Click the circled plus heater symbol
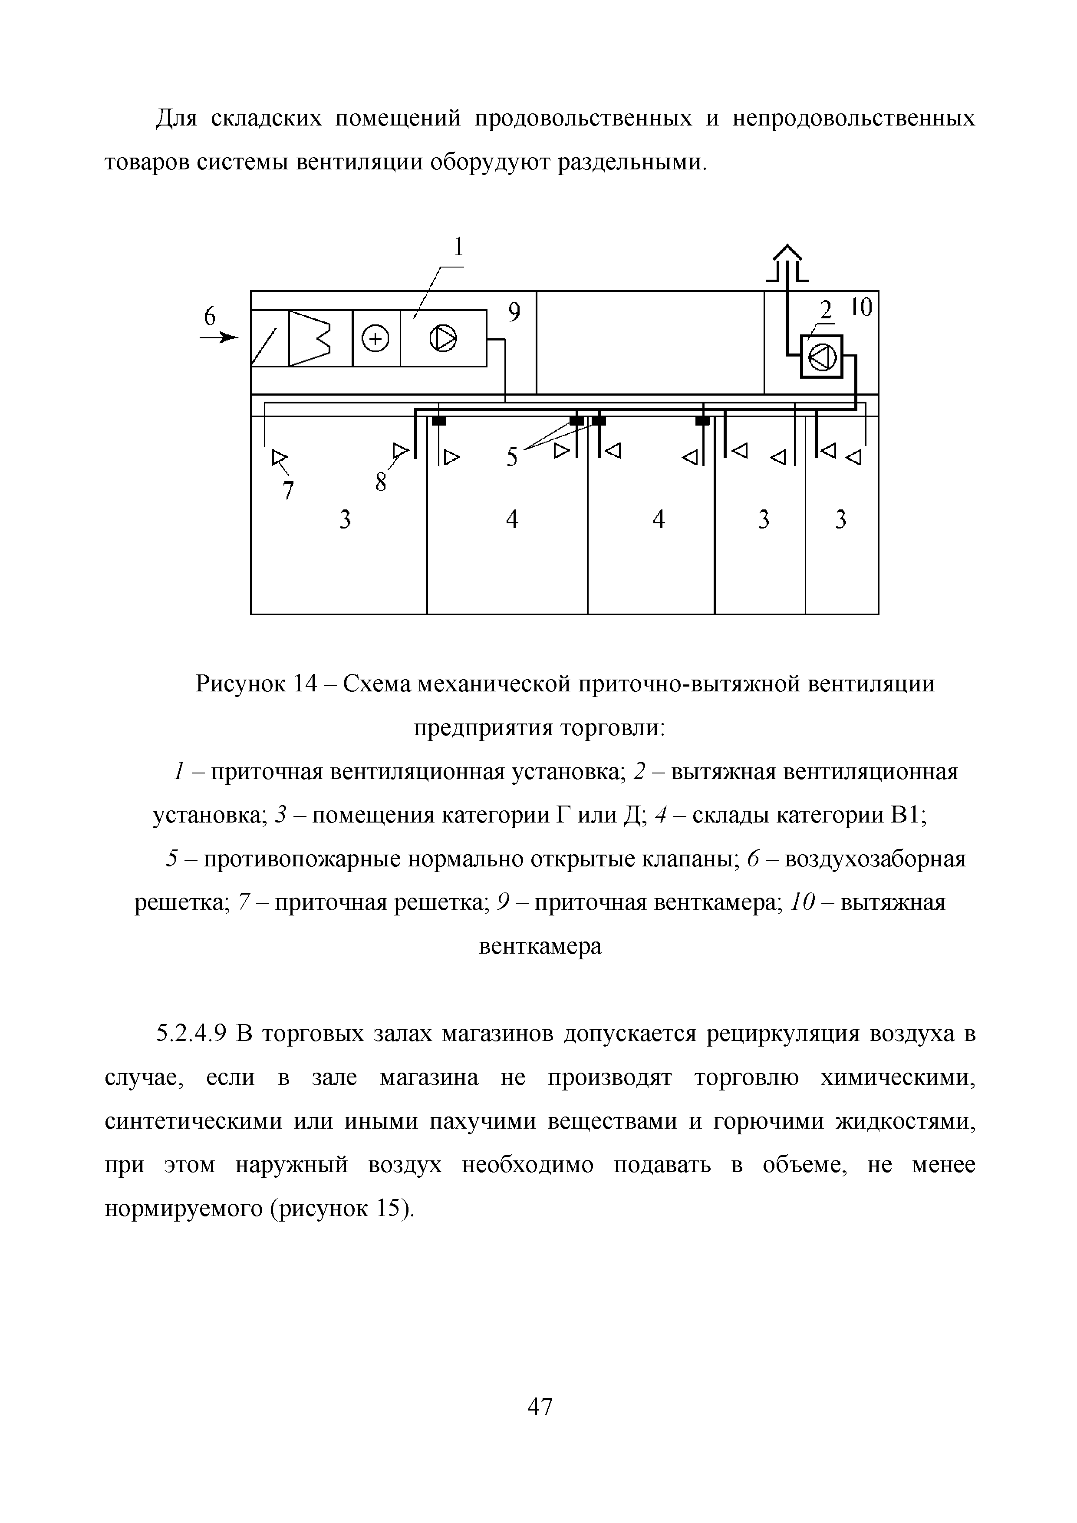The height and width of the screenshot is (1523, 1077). click(376, 340)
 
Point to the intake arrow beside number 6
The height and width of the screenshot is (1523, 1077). click(219, 338)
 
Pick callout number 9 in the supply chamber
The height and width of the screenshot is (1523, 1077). click(514, 312)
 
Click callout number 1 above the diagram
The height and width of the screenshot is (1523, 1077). click(458, 247)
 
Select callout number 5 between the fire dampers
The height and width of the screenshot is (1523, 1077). click(512, 457)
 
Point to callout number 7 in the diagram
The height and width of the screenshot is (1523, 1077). click(288, 491)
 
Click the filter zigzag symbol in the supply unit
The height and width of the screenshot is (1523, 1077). click(310, 339)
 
